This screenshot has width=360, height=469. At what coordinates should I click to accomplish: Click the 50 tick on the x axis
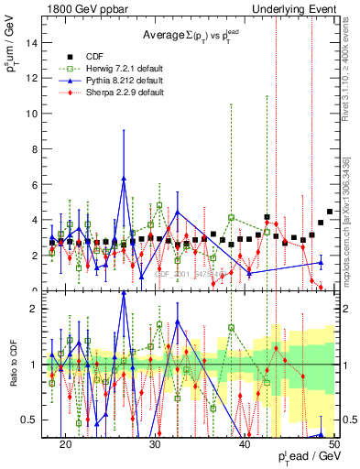click(x=334, y=443)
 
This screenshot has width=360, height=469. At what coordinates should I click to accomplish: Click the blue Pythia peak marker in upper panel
click(x=124, y=179)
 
